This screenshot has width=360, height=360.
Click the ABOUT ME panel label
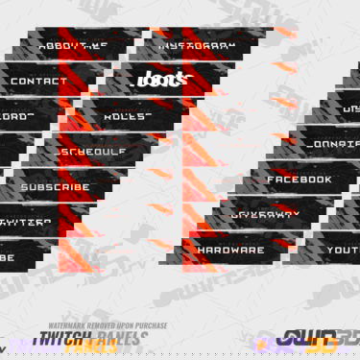72,45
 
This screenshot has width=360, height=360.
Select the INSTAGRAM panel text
197,45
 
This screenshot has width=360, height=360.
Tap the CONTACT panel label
38,81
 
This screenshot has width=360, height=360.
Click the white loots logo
150,80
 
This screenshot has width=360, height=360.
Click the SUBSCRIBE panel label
55,187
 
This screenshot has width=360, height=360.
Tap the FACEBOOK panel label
300,180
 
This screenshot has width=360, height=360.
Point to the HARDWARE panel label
230,250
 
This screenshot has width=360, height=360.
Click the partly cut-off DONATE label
335,144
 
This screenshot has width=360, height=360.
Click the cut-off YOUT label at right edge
342,250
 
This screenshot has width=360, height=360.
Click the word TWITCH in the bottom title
57,343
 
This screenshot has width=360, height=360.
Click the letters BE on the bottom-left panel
8,258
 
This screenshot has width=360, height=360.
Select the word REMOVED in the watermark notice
101,325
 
